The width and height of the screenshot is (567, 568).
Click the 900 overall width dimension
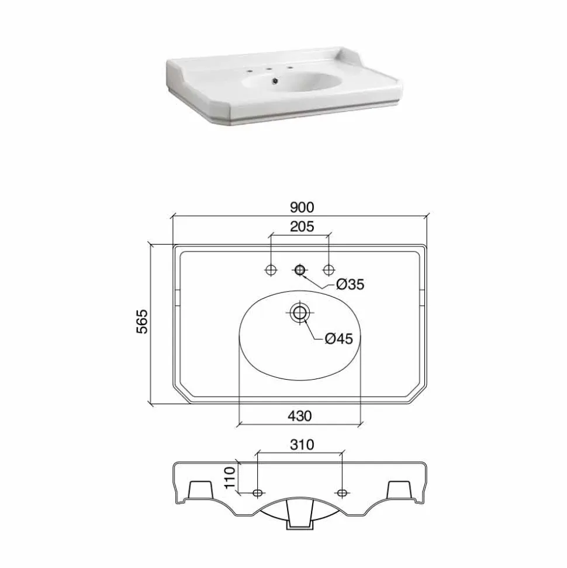click(x=302, y=208)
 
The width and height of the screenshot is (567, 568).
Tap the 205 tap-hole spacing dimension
click(x=302, y=227)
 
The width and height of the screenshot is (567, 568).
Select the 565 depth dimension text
click(x=142, y=321)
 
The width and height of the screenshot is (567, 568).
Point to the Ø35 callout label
click(x=350, y=284)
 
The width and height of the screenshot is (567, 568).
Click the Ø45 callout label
click(x=338, y=339)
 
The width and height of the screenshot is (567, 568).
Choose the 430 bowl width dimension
click(x=300, y=416)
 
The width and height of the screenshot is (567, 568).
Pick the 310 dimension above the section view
click(x=302, y=445)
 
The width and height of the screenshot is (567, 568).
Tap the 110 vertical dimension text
click(x=230, y=477)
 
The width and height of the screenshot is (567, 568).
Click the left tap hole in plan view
click(x=271, y=270)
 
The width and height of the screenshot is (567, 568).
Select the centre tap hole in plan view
click(x=300, y=270)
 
